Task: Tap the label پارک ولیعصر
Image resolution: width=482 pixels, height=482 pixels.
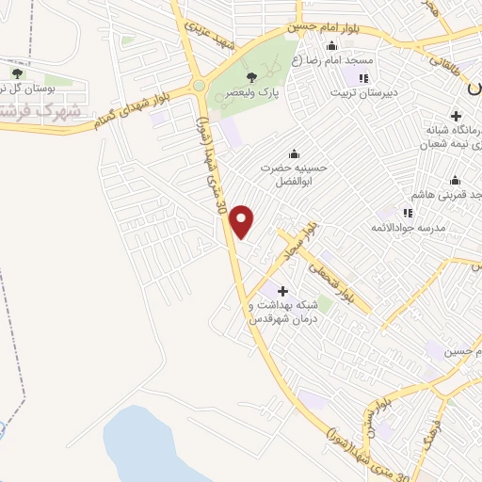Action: point(250,94)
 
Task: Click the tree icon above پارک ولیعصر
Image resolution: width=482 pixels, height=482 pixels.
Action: point(250,78)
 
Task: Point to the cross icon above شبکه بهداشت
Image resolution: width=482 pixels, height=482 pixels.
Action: point(282,291)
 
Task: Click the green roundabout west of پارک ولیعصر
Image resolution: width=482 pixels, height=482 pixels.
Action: point(199,86)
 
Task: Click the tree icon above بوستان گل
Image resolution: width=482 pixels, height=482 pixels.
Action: point(17,72)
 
